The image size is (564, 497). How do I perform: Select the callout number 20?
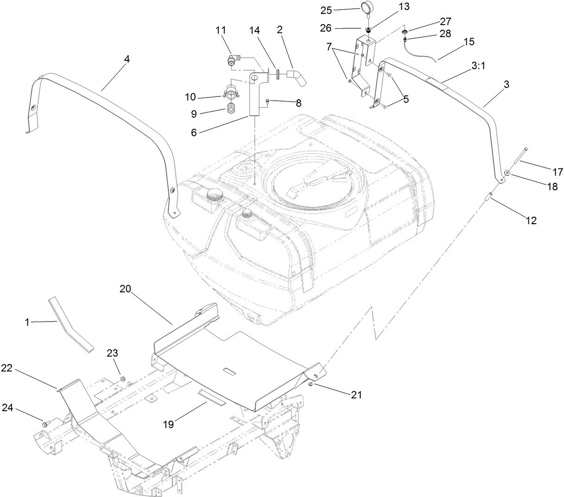125,289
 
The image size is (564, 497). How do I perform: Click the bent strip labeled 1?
70,322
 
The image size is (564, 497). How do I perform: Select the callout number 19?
169,423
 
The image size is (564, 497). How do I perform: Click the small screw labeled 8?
268,101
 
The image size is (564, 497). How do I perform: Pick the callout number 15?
469,42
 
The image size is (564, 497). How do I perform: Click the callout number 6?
193,132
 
